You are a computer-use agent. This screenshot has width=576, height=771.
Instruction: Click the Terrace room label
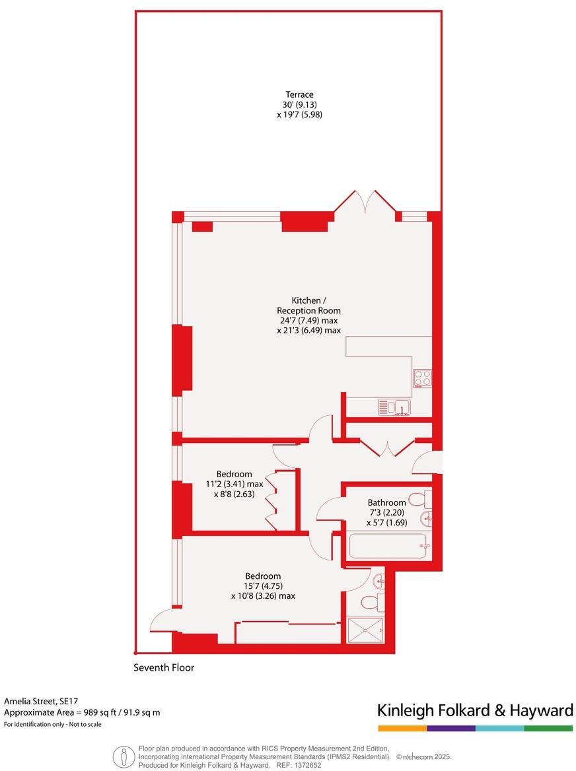tap(299, 94)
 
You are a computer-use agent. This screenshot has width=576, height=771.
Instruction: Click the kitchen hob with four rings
tap(422, 378)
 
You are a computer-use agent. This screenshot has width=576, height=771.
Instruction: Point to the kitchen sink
tap(394, 407)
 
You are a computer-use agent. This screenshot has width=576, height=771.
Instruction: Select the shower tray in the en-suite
tap(365, 629)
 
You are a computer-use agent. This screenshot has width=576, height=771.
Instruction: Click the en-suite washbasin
tap(378, 581)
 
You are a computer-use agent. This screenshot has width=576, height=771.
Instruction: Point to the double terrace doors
tap(365, 201)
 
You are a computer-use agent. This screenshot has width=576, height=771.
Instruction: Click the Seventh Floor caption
tap(164, 667)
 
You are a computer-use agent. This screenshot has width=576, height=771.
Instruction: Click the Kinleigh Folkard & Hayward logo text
tap(475, 710)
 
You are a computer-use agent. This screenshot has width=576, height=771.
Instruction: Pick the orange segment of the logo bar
tap(402, 728)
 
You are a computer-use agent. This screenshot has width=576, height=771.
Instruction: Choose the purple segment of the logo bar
tap(451, 728)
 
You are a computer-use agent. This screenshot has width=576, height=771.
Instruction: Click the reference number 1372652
tap(307, 765)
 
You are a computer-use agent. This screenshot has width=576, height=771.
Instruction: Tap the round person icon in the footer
tap(122, 756)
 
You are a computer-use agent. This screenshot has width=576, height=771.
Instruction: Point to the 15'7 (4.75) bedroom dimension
tap(263, 586)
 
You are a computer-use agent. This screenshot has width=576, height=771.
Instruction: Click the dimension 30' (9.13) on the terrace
tap(299, 104)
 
